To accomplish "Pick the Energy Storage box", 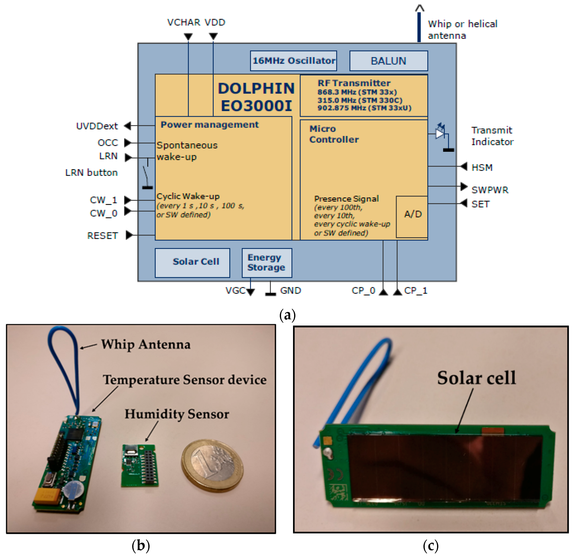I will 266,262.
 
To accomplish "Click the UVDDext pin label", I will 97,126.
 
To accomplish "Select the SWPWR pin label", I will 490,190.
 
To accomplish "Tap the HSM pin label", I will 482,167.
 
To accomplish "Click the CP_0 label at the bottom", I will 363,291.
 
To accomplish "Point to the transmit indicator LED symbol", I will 440,133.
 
